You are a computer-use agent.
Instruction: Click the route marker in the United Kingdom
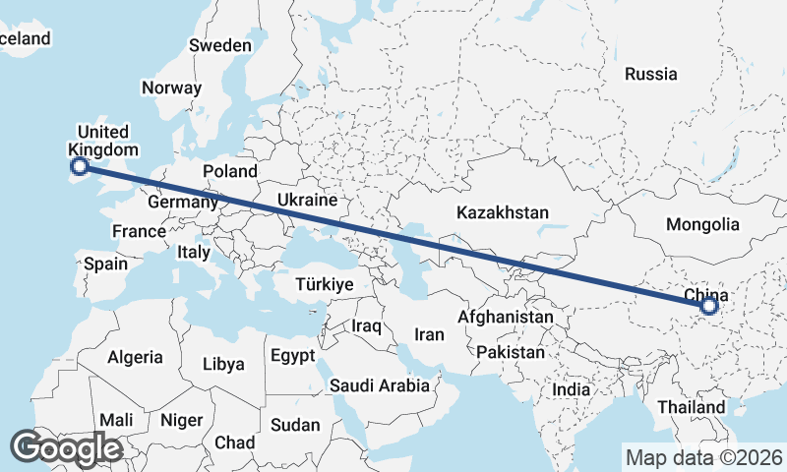tap(80, 167)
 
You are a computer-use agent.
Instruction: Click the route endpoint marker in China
tap(708, 307)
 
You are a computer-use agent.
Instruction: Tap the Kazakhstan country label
tap(502, 212)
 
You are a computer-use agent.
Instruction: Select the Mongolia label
tap(701, 225)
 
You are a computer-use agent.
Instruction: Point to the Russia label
tap(651, 74)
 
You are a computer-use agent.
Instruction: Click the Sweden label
tap(220, 45)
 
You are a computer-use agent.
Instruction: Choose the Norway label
tap(171, 88)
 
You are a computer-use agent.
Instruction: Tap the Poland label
tap(229, 171)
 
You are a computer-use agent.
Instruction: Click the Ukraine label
tap(307, 200)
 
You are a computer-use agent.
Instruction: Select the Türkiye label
tap(324, 284)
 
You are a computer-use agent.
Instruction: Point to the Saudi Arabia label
tap(380, 385)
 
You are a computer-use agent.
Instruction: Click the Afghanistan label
tap(506, 318)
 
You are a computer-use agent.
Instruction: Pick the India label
tap(571, 389)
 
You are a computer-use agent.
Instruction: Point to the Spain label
tap(105, 264)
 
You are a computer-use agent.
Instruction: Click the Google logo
tap(66, 447)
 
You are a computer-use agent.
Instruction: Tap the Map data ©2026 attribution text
tap(703, 457)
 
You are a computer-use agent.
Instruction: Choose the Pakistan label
tap(510, 352)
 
